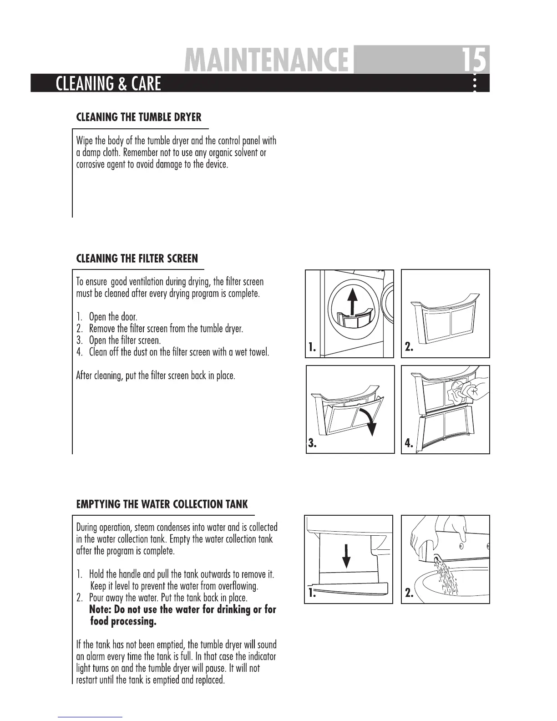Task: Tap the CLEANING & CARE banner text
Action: pyautogui.click(x=108, y=84)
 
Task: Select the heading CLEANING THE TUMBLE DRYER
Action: pyautogui.click(x=138, y=117)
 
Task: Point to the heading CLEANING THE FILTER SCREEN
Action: pyautogui.click(x=137, y=259)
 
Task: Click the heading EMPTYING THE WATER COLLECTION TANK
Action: pyautogui.click(x=162, y=504)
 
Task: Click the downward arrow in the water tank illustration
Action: pyautogui.click(x=346, y=555)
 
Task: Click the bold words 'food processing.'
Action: pyautogui.click(x=123, y=621)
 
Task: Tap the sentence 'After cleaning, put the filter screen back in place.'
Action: pyautogui.click(x=155, y=376)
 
